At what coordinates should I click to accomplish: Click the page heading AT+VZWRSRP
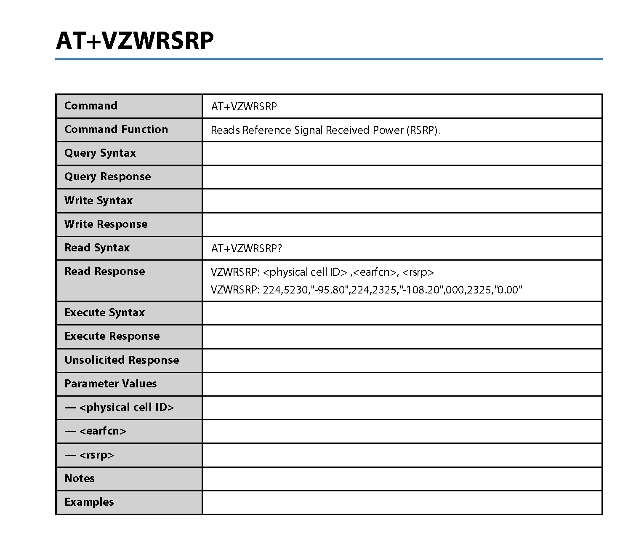135,41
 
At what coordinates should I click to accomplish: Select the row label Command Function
116,129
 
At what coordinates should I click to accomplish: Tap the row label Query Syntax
100,153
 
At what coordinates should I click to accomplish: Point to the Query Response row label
107,176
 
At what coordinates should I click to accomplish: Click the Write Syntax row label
98,200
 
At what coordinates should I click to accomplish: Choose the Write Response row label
106,224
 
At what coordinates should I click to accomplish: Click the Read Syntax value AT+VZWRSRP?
246,248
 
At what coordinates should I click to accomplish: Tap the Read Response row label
104,271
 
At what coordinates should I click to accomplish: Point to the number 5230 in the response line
296,290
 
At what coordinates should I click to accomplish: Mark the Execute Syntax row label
104,312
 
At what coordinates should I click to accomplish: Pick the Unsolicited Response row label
122,360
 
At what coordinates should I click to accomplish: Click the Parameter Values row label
110,384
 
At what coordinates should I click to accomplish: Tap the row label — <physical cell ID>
119,407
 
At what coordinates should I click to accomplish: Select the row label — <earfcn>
95,431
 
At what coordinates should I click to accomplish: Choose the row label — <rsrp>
89,455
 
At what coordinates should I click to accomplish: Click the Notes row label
79,478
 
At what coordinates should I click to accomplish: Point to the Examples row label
89,502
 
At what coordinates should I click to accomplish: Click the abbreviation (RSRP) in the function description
422,130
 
